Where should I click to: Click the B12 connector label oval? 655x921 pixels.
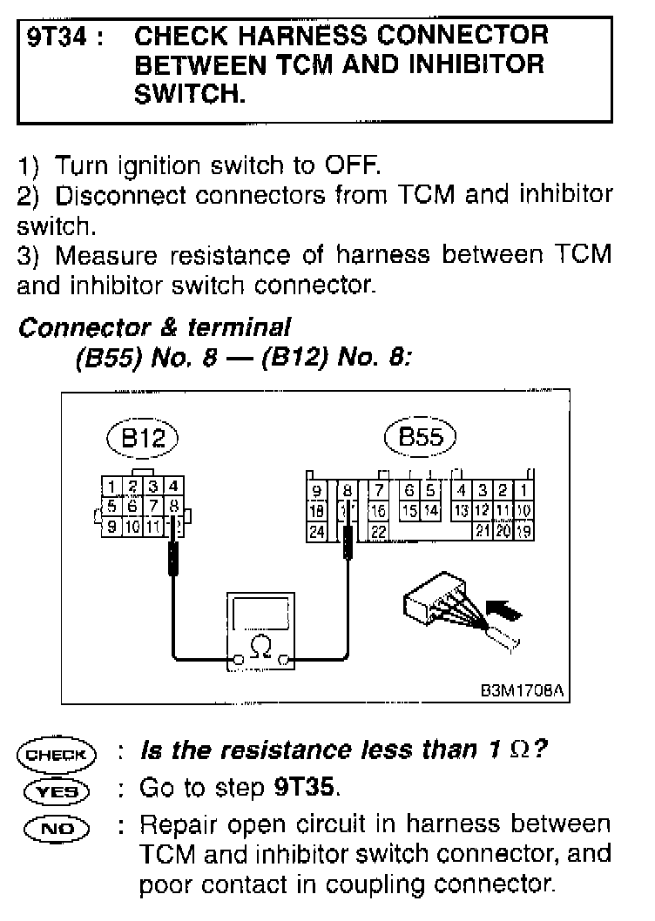coord(142,440)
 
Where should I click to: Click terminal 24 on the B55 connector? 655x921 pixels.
coord(317,531)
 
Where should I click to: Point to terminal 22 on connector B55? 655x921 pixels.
coord(378,531)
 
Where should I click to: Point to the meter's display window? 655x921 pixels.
coord(259,615)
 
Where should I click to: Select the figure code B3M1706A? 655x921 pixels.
coord(521,690)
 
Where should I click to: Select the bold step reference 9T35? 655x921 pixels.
coord(303,789)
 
